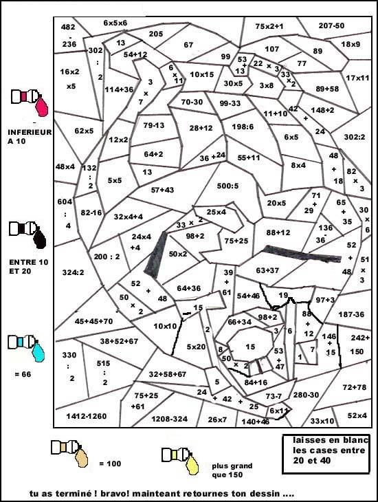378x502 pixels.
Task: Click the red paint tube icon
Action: (x=32, y=101)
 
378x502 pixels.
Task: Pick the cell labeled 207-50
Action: (x=331, y=25)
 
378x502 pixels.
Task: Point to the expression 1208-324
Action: (x=169, y=418)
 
